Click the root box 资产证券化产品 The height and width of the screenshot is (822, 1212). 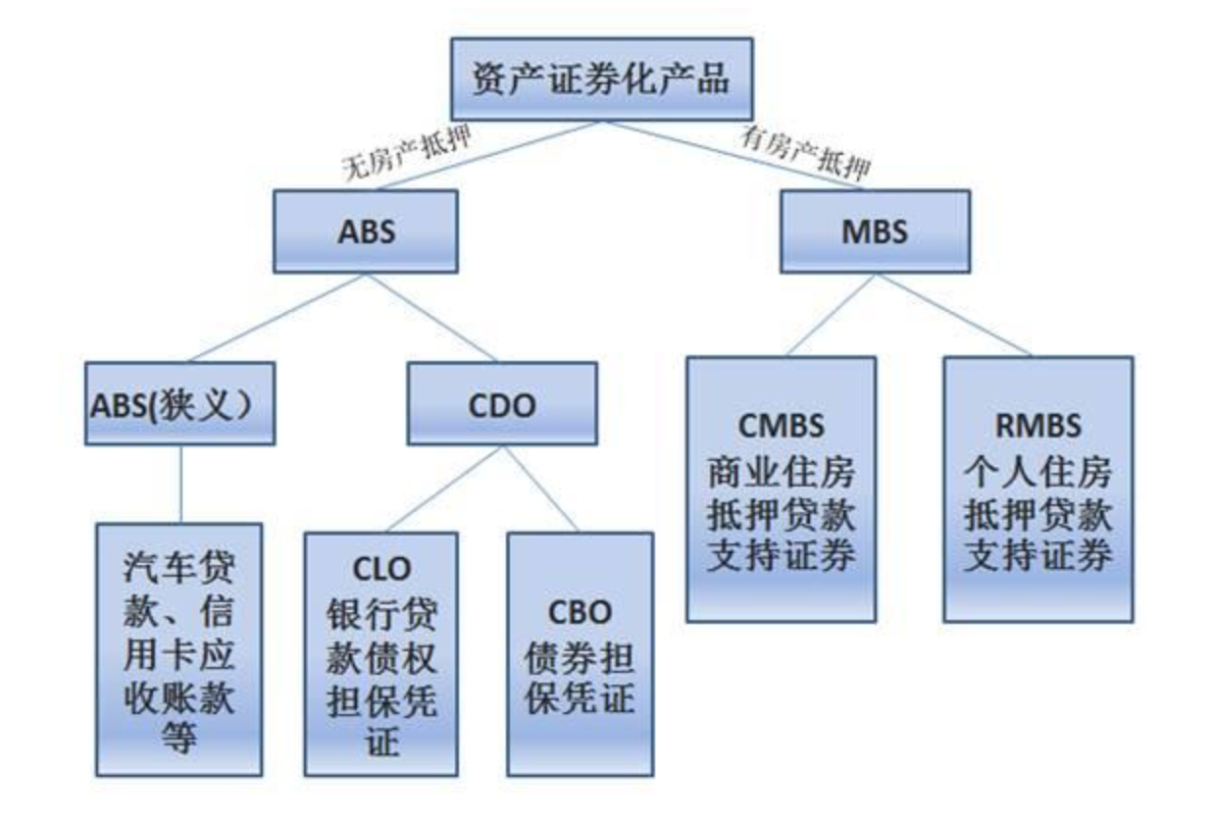tap(601, 78)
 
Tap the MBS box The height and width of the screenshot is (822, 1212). tap(874, 231)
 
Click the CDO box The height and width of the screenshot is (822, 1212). tap(501, 405)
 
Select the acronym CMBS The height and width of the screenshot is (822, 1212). tap(781, 428)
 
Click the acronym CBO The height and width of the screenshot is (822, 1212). tap(580, 611)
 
